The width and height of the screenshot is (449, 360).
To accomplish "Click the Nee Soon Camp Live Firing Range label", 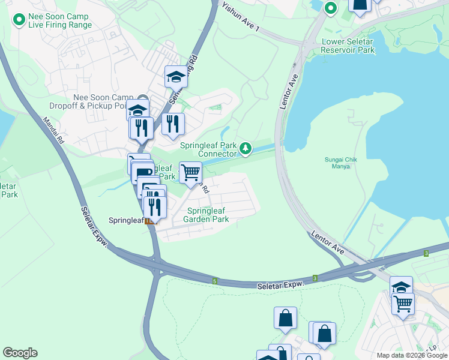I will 60,20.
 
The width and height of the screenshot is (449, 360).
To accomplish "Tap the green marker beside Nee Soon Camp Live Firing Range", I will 19,20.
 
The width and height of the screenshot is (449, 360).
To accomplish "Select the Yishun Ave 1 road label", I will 241,17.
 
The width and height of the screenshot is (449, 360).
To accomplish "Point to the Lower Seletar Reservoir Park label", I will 348,46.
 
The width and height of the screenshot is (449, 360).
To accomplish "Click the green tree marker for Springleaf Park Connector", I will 245,148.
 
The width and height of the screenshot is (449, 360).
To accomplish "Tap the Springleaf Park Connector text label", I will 208,149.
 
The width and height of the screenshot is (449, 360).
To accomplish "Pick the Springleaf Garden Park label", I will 208,215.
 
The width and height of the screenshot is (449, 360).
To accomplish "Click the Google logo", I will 20,353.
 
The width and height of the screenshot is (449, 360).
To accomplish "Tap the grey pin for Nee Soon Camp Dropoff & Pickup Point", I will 143,99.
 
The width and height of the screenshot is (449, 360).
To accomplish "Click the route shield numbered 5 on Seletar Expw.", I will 214,280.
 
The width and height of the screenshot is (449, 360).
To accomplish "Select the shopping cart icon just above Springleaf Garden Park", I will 190,172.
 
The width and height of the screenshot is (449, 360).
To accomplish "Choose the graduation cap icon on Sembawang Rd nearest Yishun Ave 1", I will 176,76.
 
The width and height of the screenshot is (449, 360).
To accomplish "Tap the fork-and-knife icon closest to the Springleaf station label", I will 155,207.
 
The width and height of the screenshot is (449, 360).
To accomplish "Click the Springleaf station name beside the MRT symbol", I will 125,220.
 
